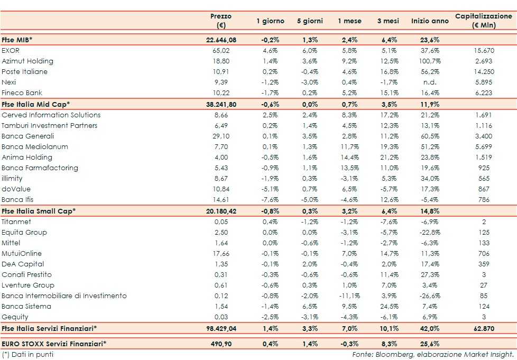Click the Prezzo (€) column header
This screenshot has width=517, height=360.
[220, 21]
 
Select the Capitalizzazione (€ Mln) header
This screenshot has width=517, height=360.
[484, 21]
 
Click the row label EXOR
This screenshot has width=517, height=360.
[11, 50]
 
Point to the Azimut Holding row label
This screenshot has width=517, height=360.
[27, 61]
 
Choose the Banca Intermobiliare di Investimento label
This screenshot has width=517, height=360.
[64, 296]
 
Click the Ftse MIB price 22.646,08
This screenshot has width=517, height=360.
[220, 40]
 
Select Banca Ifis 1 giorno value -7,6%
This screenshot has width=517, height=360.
[270, 200]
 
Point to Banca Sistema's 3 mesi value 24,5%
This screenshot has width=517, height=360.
[388, 306]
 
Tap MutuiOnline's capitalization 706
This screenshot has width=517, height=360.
[484, 253]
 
